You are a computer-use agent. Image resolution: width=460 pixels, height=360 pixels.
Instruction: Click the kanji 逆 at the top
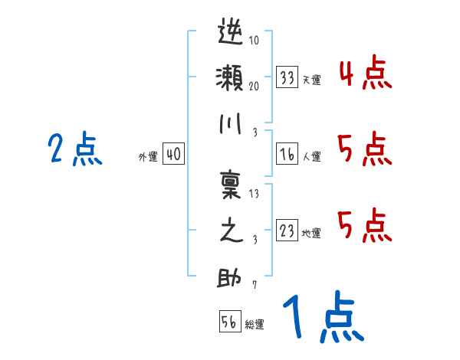click(231, 34)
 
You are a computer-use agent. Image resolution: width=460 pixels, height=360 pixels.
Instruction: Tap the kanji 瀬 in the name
click(231, 79)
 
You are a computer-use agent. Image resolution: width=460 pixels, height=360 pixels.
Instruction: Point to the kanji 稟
click(231, 185)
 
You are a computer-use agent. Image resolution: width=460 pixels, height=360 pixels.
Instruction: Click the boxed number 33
click(287, 77)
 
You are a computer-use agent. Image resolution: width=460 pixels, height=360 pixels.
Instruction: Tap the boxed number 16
click(287, 153)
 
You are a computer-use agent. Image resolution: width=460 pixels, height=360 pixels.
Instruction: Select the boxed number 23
click(287, 231)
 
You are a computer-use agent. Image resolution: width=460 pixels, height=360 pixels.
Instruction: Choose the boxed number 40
click(173, 154)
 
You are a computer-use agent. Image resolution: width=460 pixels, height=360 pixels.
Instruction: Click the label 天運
click(311, 80)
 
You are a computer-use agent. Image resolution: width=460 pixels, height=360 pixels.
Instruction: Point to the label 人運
click(311, 156)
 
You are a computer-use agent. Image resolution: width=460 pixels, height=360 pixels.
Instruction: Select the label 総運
click(255, 324)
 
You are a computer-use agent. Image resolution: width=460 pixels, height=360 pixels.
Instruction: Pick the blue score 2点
click(74, 149)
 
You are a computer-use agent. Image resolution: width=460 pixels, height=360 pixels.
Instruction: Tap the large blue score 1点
click(321, 316)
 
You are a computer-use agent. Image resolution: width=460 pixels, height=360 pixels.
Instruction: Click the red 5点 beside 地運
click(366, 227)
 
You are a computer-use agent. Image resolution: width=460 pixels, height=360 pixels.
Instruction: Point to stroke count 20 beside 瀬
click(254, 86)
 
